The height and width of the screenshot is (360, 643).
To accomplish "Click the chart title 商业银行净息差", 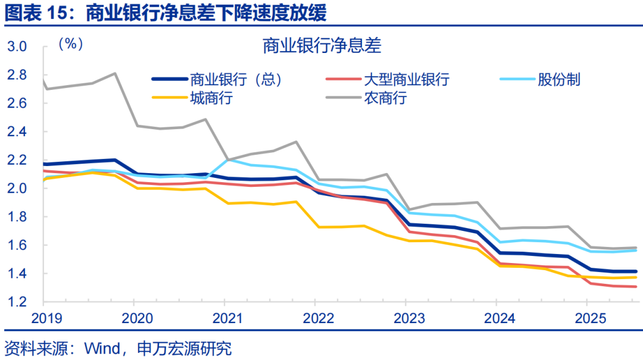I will pos(321,45).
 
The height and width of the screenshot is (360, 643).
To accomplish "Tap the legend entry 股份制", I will pos(558,79).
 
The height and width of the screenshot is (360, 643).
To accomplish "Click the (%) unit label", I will pos(70,44).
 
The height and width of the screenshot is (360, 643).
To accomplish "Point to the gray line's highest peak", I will pos(114,73).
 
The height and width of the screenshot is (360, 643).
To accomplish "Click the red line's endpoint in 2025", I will pos(636,287).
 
